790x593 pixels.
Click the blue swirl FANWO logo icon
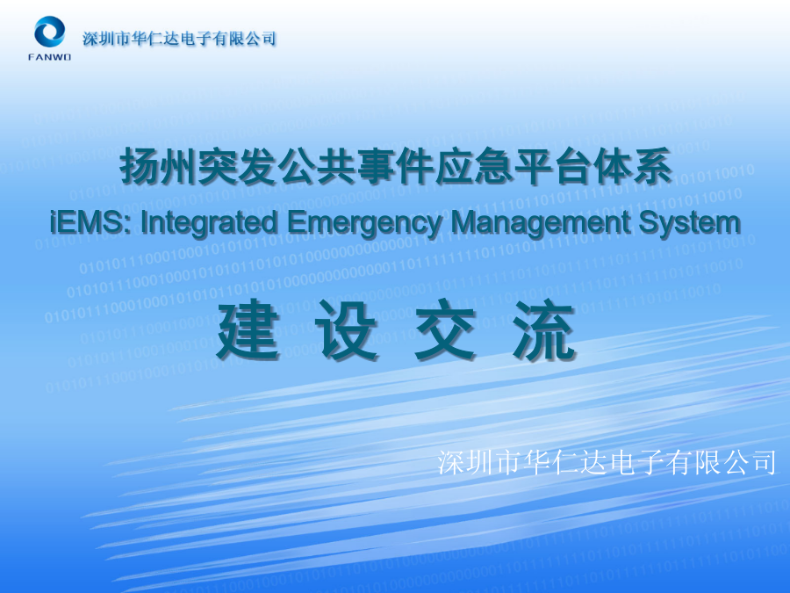coord(49,32)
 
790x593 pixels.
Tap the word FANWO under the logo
coord(49,57)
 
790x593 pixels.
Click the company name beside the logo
coord(179,39)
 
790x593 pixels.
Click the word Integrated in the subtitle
coord(210,222)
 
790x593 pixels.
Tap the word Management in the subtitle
coord(540,222)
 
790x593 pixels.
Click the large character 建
coord(248,329)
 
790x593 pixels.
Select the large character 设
coord(347,329)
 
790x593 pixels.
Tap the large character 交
coord(445,329)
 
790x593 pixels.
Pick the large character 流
coord(544,329)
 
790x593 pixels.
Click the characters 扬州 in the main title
coord(158,166)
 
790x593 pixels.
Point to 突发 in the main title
coord(237,166)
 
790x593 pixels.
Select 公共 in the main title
coord(316,166)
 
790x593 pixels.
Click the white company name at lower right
coord(607,462)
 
